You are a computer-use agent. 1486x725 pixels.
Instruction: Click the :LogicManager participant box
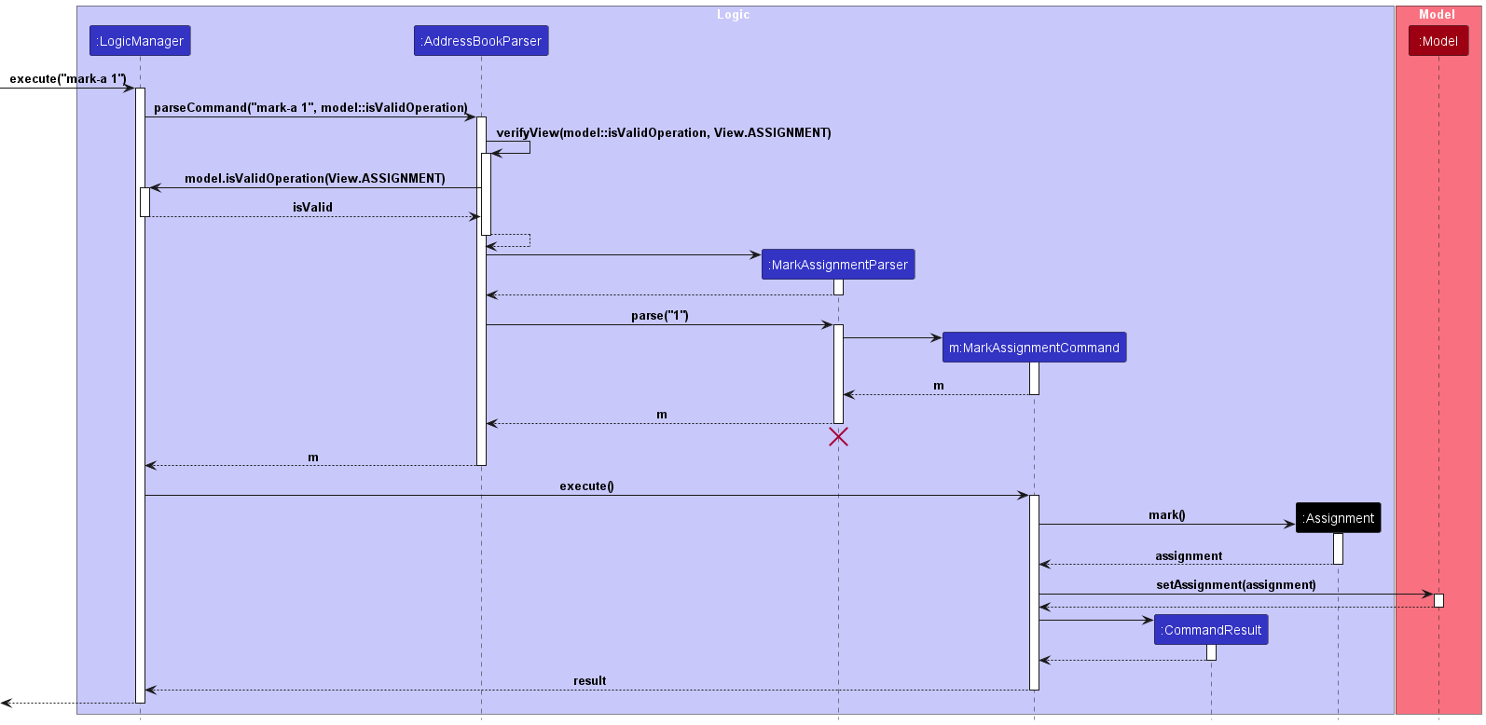pyautogui.click(x=140, y=40)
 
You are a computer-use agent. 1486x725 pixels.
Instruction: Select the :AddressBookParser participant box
pyautogui.click(x=481, y=40)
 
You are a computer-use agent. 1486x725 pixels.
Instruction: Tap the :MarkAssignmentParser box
pyautogui.click(x=838, y=264)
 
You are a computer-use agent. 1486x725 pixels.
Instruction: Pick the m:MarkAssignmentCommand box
pyautogui.click(x=1034, y=347)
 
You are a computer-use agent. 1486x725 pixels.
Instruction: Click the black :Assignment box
pyautogui.click(x=1338, y=517)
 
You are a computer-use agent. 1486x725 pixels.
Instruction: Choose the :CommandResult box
pyautogui.click(x=1211, y=630)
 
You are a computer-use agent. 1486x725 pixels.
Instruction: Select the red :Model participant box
pyautogui.click(x=1438, y=40)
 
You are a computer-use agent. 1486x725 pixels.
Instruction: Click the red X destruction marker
pyautogui.click(x=838, y=436)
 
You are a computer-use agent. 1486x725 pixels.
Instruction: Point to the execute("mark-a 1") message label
pyautogui.click(x=68, y=79)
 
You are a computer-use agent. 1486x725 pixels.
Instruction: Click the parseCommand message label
pyautogui.click(x=310, y=107)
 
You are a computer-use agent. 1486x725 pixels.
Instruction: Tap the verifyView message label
pyautogui.click(x=664, y=132)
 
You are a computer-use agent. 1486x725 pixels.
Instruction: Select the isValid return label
pyautogui.click(x=312, y=207)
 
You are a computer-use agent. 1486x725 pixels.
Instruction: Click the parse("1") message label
pyautogui.click(x=660, y=315)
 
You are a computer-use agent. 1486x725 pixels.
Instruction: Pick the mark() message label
pyautogui.click(x=1167, y=514)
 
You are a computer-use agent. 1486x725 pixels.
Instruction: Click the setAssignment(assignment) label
pyautogui.click(x=1236, y=584)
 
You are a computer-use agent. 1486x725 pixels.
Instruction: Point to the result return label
pyautogui.click(x=590, y=680)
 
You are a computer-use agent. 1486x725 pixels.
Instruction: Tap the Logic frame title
pyautogui.click(x=733, y=14)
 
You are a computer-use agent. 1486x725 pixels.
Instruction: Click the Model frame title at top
pyautogui.click(x=1437, y=14)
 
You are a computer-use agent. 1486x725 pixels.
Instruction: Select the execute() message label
pyautogui.click(x=586, y=486)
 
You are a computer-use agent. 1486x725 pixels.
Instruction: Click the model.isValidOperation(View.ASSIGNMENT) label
pyautogui.click(x=314, y=178)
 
